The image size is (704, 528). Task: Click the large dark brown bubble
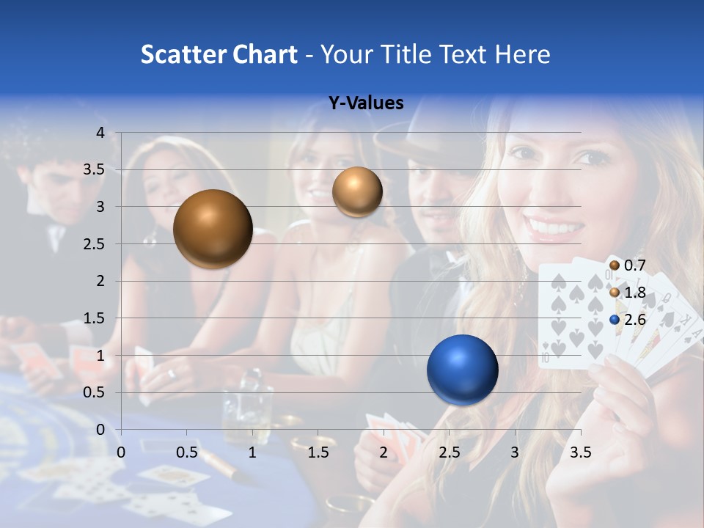(x=213, y=229)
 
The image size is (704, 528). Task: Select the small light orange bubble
(x=357, y=191)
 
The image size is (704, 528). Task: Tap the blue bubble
(x=462, y=370)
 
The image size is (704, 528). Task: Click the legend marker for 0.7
(x=615, y=265)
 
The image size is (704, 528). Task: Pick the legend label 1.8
(x=634, y=293)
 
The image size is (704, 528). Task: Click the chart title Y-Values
(x=365, y=103)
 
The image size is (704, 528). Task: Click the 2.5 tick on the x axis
(x=449, y=452)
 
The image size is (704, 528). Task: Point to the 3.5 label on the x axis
(x=580, y=452)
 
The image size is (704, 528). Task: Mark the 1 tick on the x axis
(x=252, y=452)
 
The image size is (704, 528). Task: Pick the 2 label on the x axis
(x=384, y=452)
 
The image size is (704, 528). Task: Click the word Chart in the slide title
(x=265, y=54)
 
